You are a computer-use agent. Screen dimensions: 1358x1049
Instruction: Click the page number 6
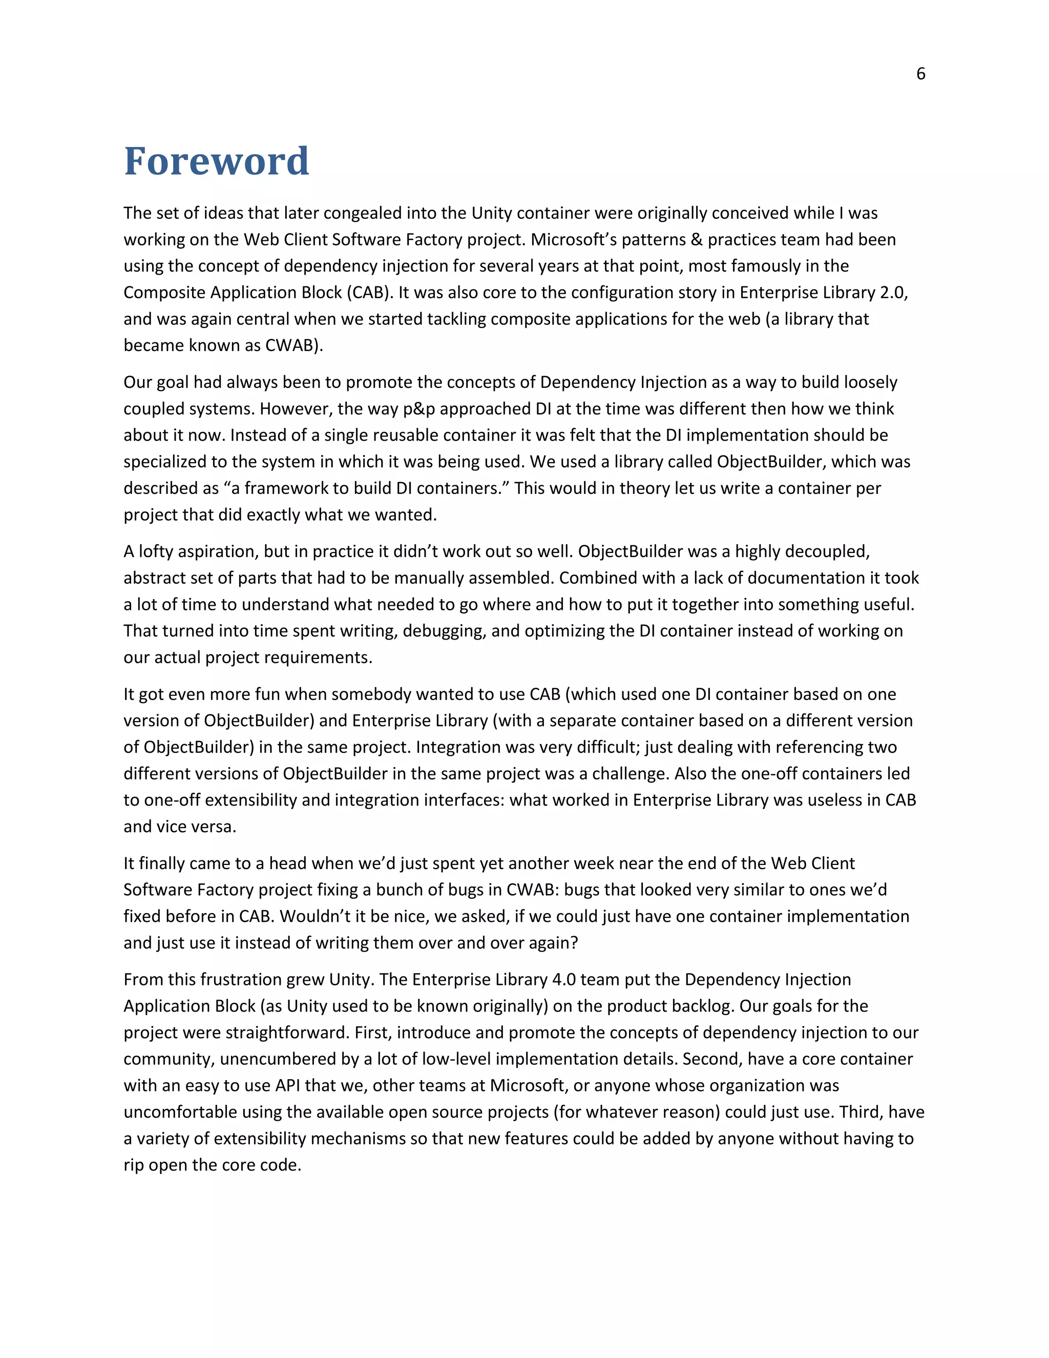point(920,74)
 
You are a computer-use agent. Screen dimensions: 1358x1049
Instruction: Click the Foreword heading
point(216,161)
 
